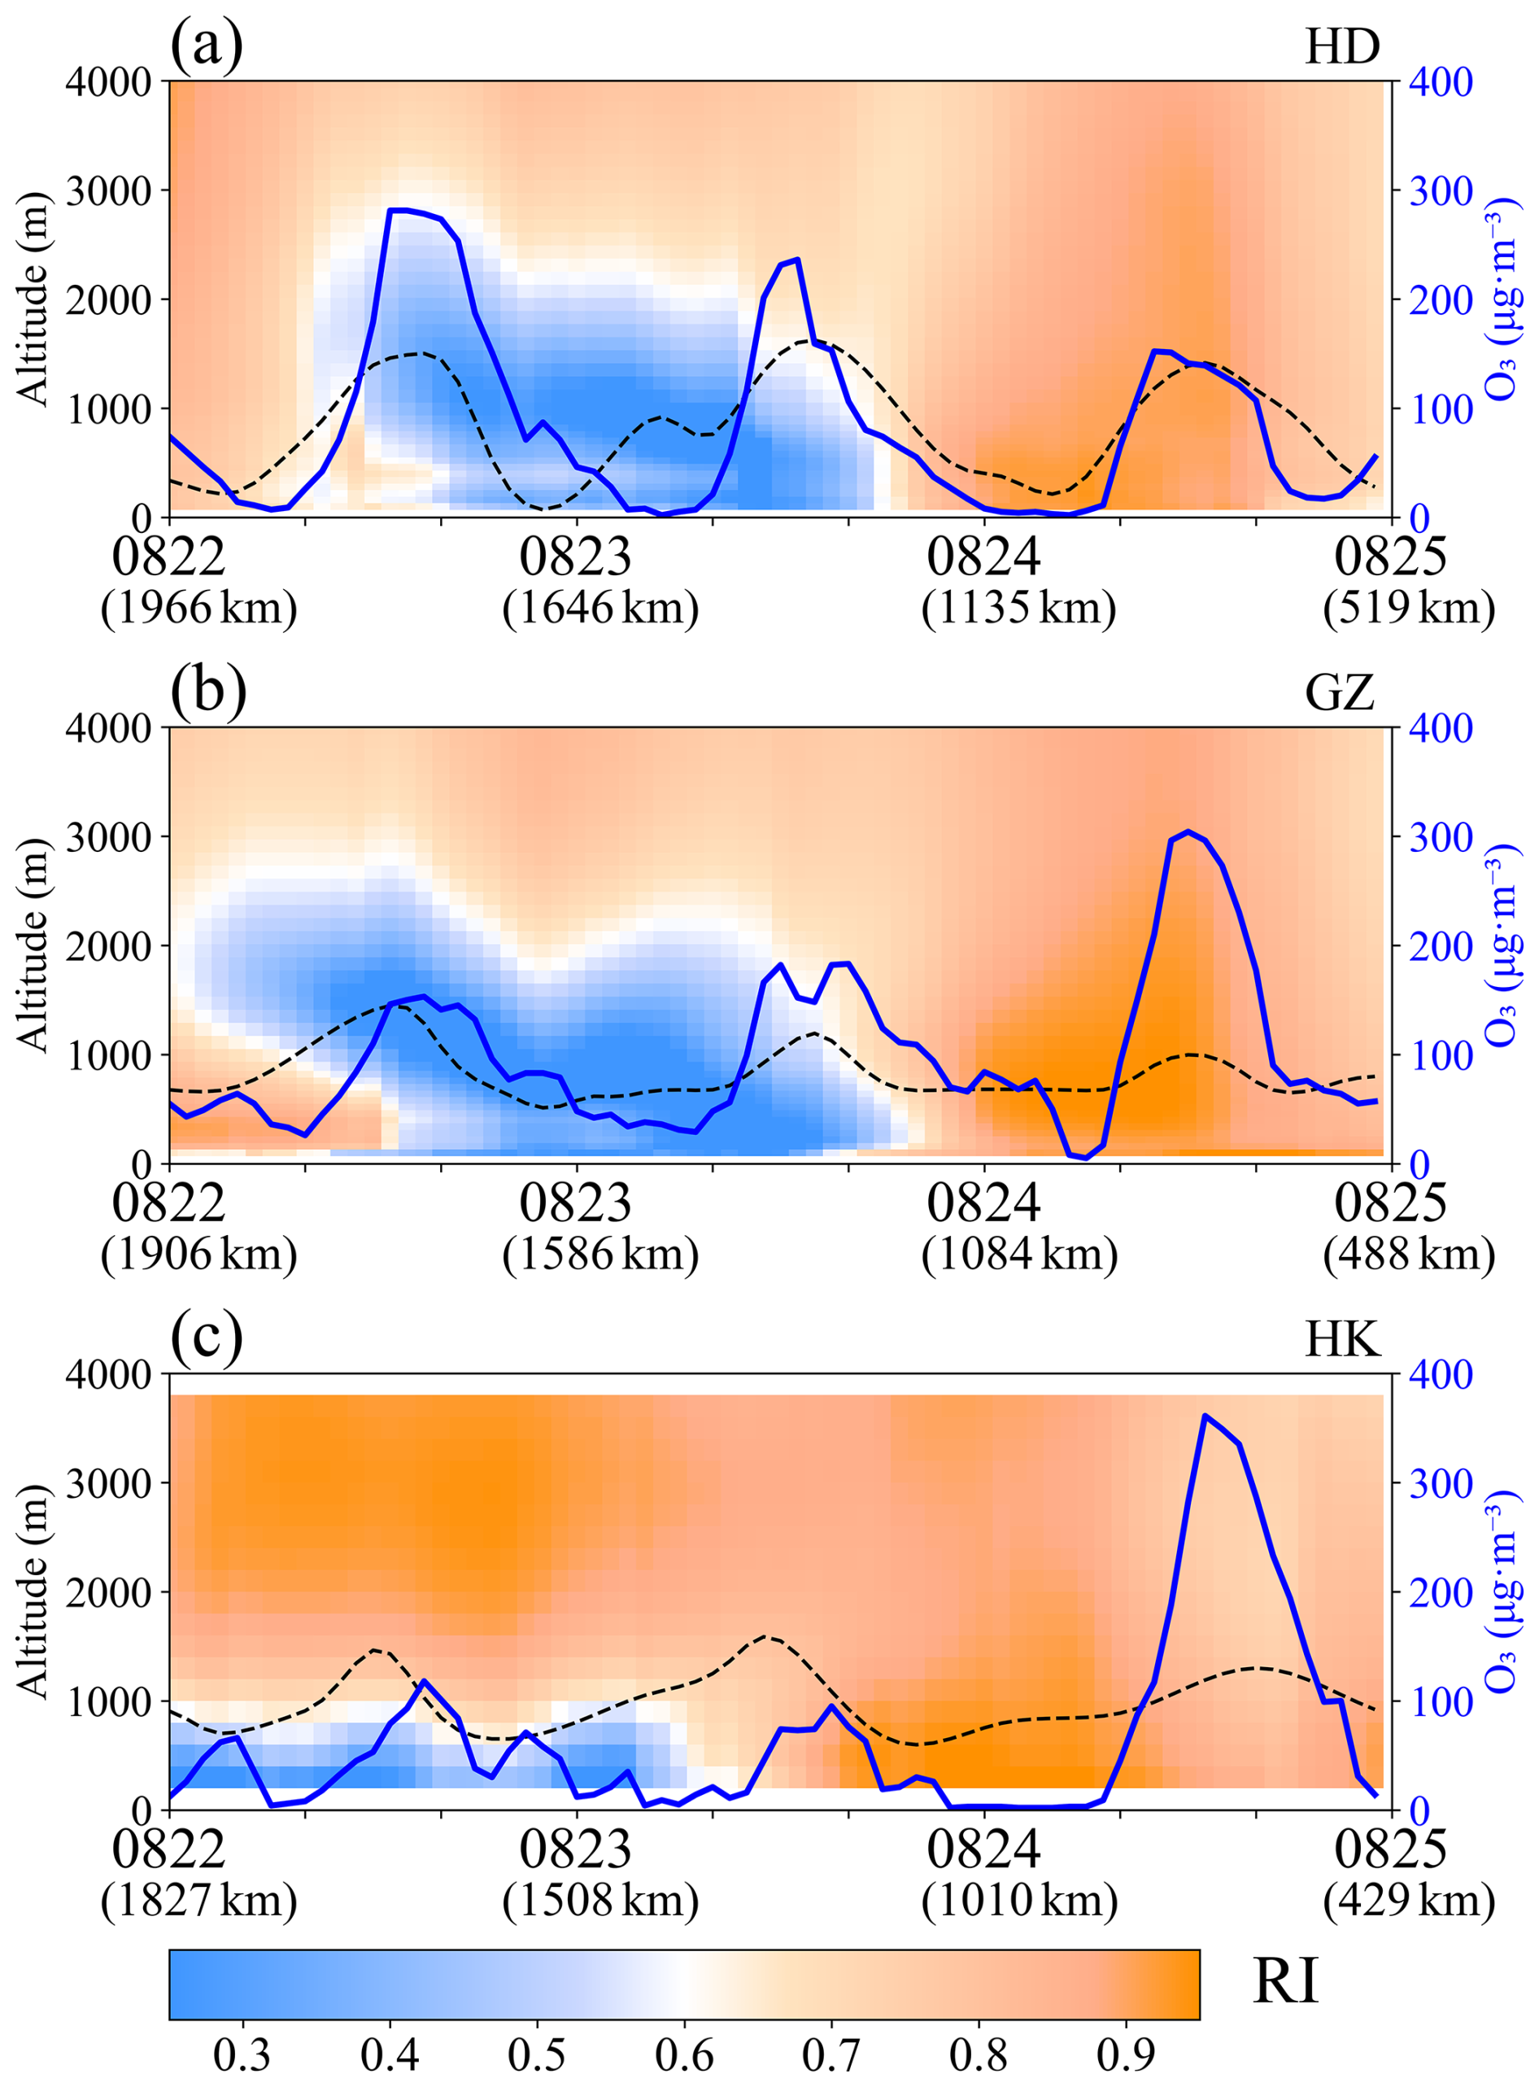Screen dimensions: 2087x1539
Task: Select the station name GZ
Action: pyautogui.click(x=1340, y=693)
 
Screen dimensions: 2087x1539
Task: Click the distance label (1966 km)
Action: pyautogui.click(x=198, y=609)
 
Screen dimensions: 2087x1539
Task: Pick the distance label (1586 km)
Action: pyautogui.click(x=600, y=1254)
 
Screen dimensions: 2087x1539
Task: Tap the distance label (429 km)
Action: pyautogui.click(x=1409, y=1901)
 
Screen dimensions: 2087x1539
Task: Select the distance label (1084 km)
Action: pyautogui.click(x=1019, y=1254)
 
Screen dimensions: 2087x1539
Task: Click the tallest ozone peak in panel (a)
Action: pyautogui.click(x=399, y=211)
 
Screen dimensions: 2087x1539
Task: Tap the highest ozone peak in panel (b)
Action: pyautogui.click(x=1188, y=831)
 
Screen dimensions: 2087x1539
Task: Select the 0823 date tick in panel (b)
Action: pyautogui.click(x=576, y=1203)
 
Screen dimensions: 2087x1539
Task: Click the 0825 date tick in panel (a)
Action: pyautogui.click(x=1390, y=557)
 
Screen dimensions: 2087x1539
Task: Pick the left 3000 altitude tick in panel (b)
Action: pyautogui.click(x=109, y=836)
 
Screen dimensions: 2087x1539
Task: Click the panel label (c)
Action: pyautogui.click(x=206, y=1338)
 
